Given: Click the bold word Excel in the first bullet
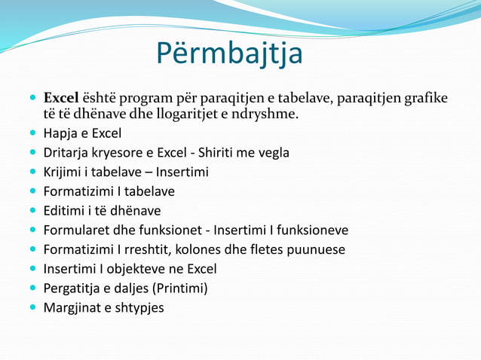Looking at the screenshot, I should point(61,99).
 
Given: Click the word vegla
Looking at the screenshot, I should point(272,154).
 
